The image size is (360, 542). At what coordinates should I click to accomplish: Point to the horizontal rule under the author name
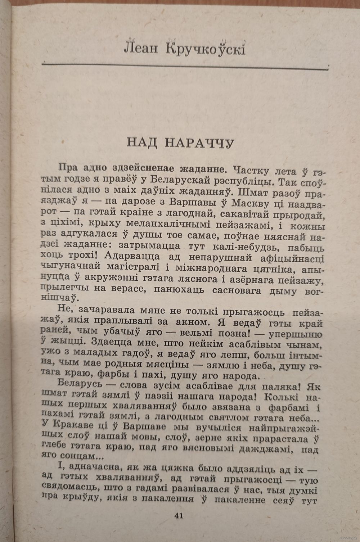click(x=185, y=65)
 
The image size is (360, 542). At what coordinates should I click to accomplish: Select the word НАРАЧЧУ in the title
click(x=200, y=143)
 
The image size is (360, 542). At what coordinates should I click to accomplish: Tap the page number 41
click(x=179, y=516)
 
